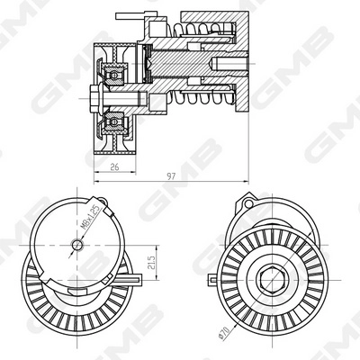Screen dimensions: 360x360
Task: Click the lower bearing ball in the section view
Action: pyautogui.click(x=114, y=119)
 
